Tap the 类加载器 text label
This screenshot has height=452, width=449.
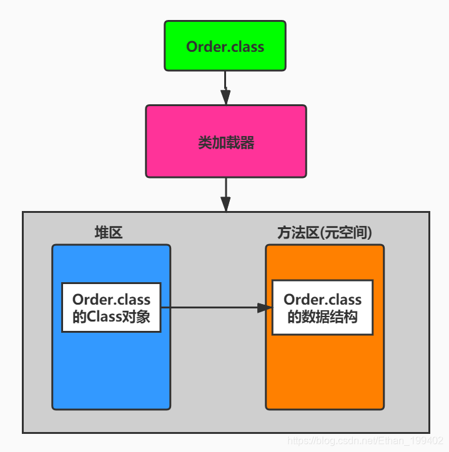click(x=225, y=143)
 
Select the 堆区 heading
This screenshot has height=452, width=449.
click(x=109, y=233)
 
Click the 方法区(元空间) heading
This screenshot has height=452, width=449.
click(x=324, y=233)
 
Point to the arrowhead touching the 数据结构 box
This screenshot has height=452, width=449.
click(x=265, y=307)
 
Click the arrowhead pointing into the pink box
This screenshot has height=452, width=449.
click(x=225, y=97)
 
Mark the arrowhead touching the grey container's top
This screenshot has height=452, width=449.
click(x=225, y=204)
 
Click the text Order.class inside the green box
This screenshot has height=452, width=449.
click(x=225, y=47)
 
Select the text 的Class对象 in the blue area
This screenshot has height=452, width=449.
click(x=111, y=317)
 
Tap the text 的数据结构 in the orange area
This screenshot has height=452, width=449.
click(x=322, y=317)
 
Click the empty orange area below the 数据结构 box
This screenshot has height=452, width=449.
click(x=324, y=371)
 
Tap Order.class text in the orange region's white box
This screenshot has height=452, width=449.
click(x=322, y=300)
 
